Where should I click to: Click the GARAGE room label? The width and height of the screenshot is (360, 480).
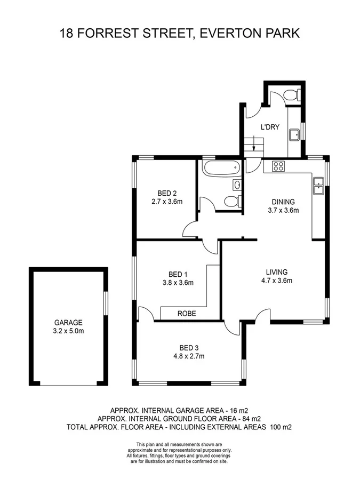68,322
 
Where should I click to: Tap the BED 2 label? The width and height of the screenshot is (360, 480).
167,193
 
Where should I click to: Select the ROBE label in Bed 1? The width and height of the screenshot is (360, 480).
187,314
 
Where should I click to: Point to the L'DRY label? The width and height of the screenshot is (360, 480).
270,127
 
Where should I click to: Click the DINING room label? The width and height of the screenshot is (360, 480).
283,202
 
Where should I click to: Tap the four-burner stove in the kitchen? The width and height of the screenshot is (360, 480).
278,165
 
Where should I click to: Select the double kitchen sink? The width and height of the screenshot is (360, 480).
318,185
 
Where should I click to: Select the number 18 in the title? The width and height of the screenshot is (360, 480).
68,34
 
